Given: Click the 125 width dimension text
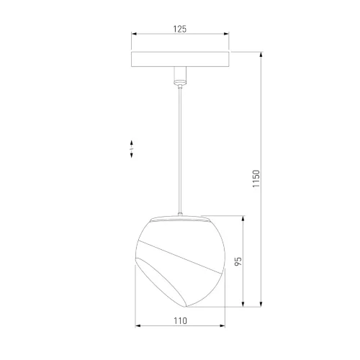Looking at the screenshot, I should (179, 29).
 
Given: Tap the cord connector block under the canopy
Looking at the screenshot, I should (179, 75).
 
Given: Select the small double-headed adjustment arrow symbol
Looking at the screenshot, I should (131, 149).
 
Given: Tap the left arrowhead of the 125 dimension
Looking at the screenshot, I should (132, 35).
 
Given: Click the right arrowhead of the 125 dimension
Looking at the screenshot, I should (227, 35).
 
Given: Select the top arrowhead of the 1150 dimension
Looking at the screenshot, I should (261, 54).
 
